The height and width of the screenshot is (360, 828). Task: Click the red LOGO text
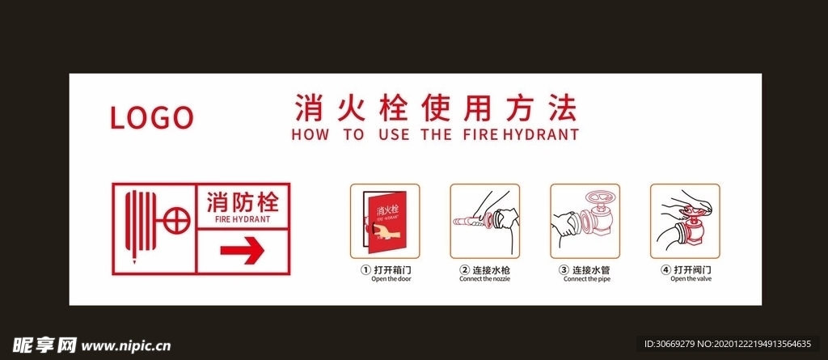click(x=151, y=118)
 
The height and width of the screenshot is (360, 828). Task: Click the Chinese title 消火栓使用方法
click(x=434, y=107)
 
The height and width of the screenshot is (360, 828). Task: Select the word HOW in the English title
click(x=310, y=135)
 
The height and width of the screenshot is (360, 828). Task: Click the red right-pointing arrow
click(x=243, y=251)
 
